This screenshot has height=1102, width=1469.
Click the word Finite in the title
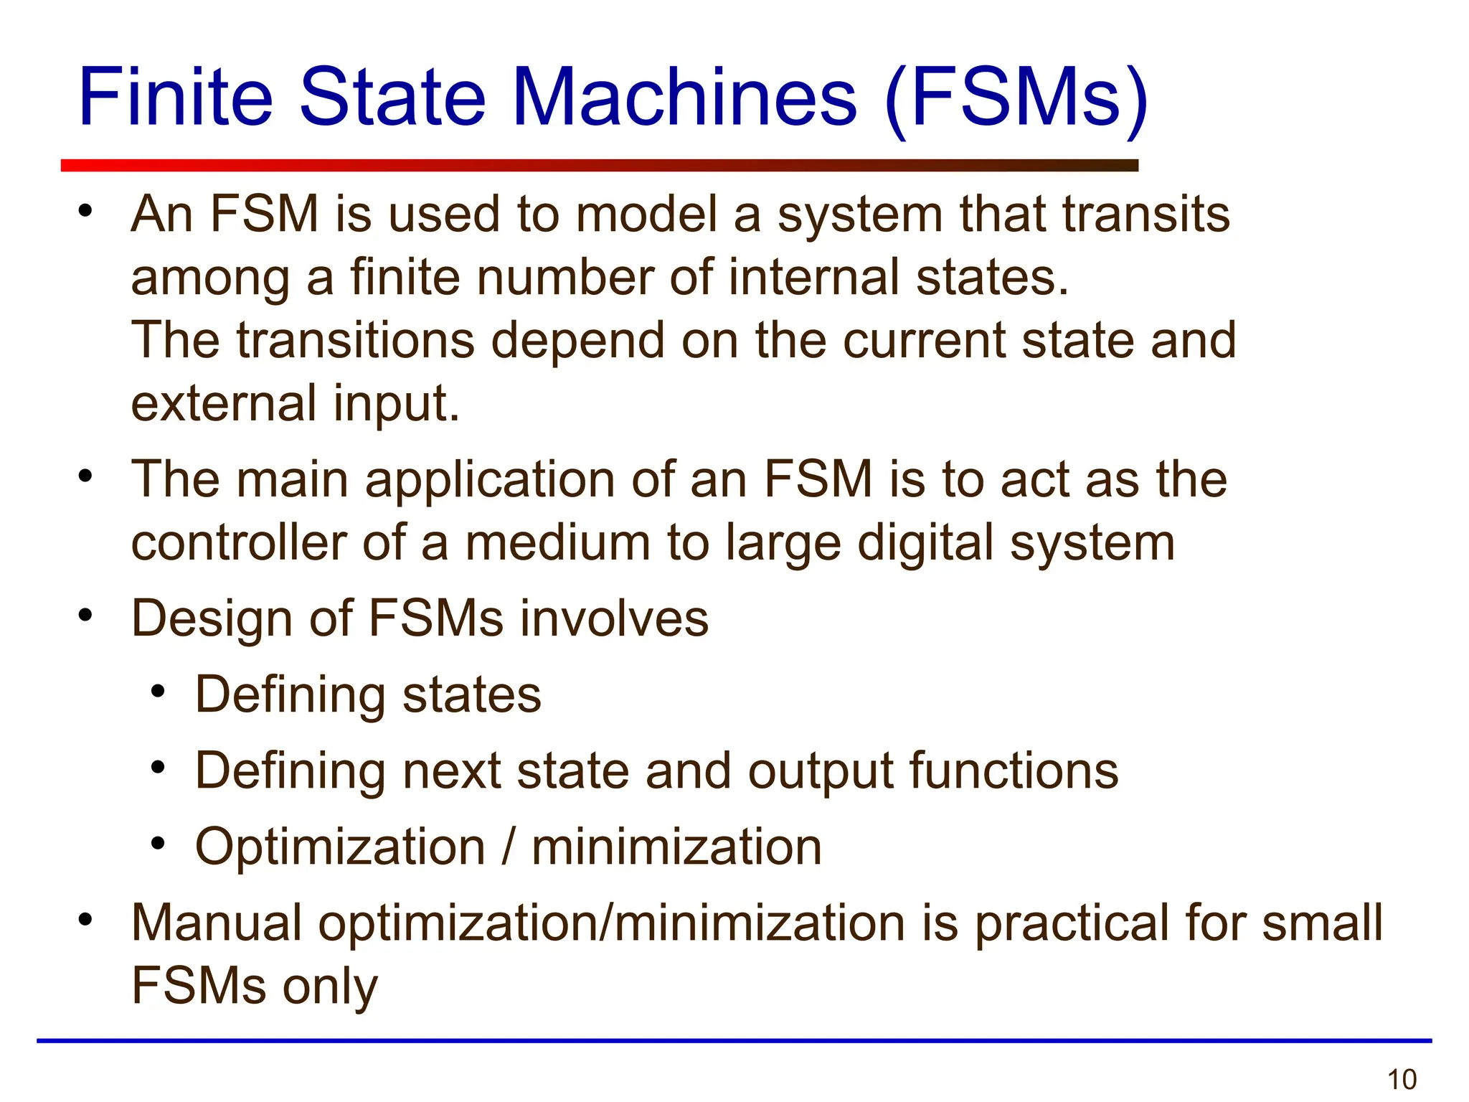click(x=176, y=97)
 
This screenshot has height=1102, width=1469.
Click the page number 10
click(x=1402, y=1079)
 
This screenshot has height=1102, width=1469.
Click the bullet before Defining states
click(x=158, y=692)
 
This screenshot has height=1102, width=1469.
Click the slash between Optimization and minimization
click(x=509, y=847)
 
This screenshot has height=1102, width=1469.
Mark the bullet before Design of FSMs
click(x=86, y=615)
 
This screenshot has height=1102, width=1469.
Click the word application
click(x=490, y=480)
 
